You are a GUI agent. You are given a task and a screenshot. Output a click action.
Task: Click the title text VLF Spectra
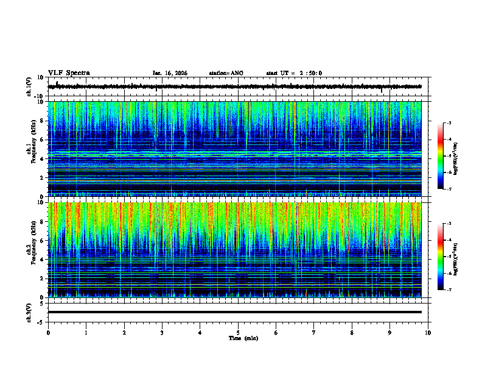(x=69, y=73)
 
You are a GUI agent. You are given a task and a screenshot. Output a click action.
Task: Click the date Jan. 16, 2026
(x=170, y=73)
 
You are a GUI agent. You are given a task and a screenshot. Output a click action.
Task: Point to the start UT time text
(x=294, y=73)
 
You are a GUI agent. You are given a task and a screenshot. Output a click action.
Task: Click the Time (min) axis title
(x=238, y=338)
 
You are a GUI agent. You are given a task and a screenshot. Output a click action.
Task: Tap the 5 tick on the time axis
(x=238, y=332)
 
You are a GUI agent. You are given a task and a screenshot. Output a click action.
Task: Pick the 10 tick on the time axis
(x=428, y=332)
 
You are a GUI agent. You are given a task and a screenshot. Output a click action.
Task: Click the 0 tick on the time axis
(x=48, y=332)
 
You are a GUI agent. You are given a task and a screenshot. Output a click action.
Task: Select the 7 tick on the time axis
(x=314, y=332)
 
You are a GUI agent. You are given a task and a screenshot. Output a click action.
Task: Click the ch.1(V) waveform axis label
(x=29, y=86)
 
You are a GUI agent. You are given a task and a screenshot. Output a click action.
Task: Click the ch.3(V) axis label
(x=29, y=311)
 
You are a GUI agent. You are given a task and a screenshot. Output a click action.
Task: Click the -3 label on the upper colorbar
(x=449, y=123)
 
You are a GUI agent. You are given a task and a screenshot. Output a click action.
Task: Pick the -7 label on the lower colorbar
(x=449, y=290)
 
